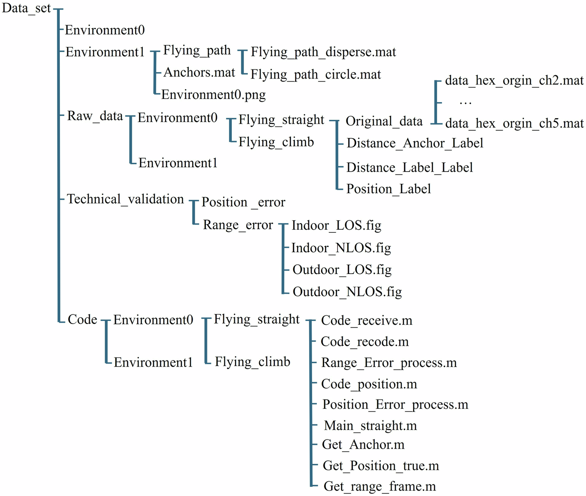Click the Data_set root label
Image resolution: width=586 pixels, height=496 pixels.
tap(26, 8)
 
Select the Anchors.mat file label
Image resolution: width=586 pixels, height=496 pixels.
tap(199, 73)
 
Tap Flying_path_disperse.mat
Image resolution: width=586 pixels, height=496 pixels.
tap(323, 52)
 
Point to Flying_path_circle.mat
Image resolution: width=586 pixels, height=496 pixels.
tap(316, 75)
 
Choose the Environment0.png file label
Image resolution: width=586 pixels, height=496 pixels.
tap(213, 95)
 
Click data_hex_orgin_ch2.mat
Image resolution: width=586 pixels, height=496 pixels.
tap(514, 81)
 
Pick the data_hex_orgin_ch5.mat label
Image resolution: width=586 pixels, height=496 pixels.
tap(514, 124)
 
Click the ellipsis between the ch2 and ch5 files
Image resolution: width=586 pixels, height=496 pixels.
tap(465, 103)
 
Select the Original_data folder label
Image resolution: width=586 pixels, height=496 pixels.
tap(384, 121)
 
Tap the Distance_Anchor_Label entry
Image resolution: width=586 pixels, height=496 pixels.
tap(415, 143)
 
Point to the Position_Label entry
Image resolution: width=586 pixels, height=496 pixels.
tap(388, 189)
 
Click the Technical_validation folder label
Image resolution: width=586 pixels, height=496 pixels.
tap(125, 199)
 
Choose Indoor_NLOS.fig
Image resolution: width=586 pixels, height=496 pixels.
tap(341, 248)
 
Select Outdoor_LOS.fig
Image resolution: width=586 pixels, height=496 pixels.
tap(342, 270)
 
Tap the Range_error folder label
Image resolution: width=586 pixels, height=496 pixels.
tap(238, 225)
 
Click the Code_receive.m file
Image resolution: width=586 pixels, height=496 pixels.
tap(367, 321)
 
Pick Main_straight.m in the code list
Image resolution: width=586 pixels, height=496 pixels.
tap(370, 426)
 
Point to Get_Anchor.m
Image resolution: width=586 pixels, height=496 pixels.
tap(363, 445)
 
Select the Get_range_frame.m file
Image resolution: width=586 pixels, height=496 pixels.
tap(380, 486)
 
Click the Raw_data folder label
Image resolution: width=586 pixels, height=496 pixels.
tap(95, 116)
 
